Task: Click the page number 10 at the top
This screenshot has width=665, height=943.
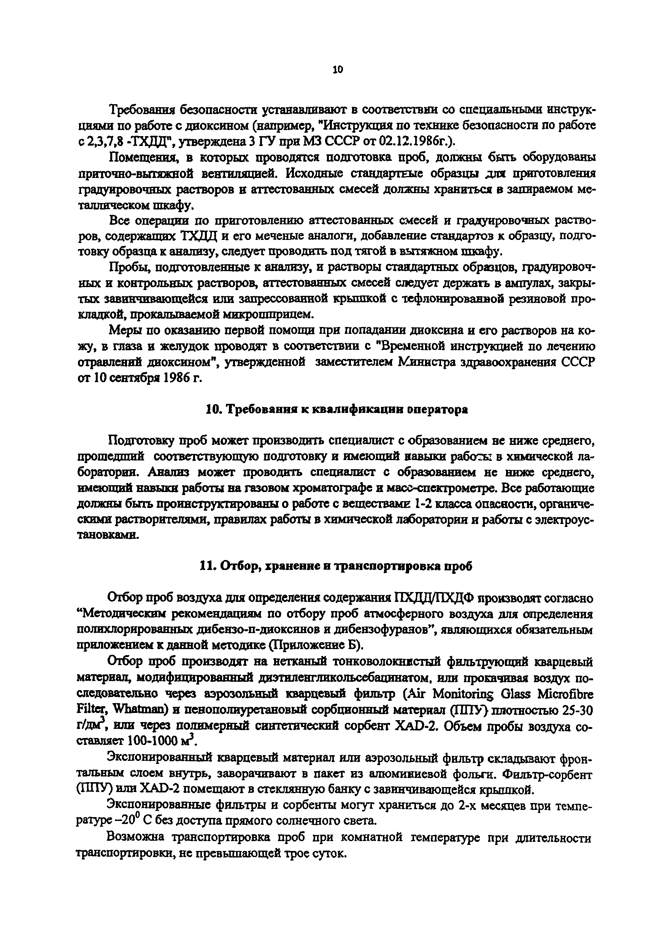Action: [x=337, y=70]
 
